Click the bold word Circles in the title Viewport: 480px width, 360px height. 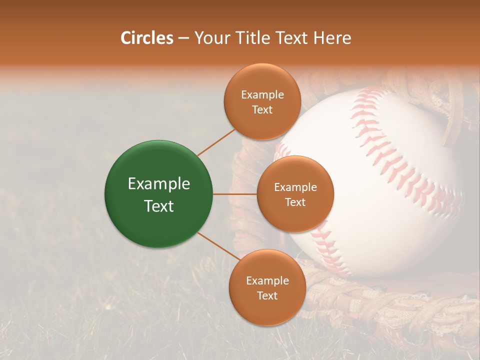[146, 38]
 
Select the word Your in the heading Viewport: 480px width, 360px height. [210, 38]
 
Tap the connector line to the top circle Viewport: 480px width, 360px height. [216, 142]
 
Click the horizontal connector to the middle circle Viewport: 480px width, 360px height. [234, 194]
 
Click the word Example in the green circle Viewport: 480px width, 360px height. [159, 184]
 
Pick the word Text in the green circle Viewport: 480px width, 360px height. [159, 206]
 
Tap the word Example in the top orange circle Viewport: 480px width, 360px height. [262, 95]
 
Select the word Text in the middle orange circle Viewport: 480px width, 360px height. [295, 202]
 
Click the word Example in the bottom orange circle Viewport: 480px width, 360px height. [267, 281]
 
